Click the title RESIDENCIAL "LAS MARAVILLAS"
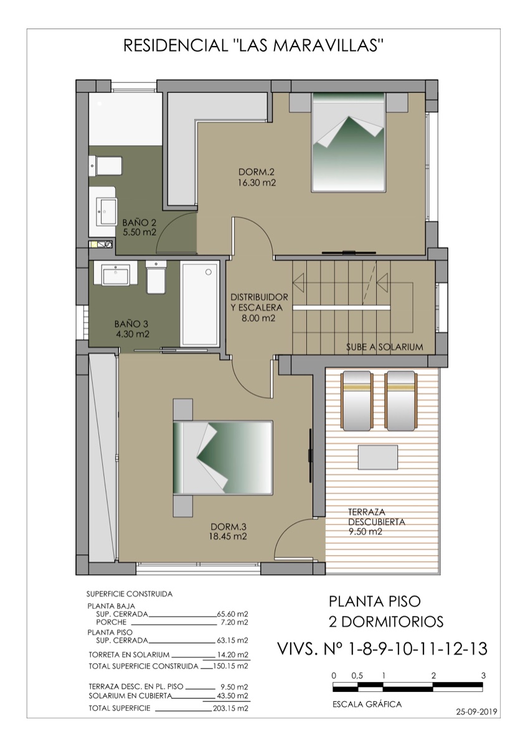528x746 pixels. [253, 46]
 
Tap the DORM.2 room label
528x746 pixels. [257, 172]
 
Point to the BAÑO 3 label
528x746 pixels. [132, 324]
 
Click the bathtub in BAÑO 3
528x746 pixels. [199, 303]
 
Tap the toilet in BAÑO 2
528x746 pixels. [108, 165]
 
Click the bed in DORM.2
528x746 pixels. [347, 142]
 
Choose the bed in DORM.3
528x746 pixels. [223, 458]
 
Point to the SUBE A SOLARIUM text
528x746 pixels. [384, 347]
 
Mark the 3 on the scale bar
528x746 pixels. [483, 675]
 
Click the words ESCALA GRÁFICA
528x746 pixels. [367, 704]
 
